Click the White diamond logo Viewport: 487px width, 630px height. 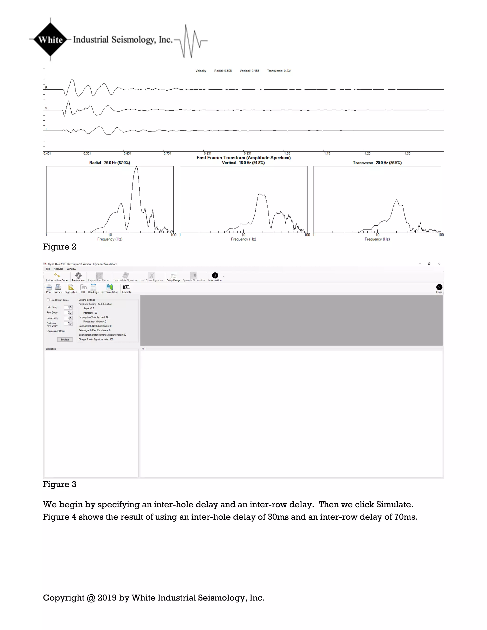tap(50, 39)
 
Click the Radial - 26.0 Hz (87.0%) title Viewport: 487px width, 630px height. tap(109, 163)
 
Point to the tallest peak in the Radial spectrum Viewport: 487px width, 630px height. tap(136, 168)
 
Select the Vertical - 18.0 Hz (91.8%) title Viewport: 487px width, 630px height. tap(243, 163)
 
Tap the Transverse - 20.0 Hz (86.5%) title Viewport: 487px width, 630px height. tap(377, 163)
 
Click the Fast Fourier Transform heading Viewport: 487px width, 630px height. tap(243, 158)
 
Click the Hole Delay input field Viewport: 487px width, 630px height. tap(67, 307)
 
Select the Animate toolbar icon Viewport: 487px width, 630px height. tap(126, 287)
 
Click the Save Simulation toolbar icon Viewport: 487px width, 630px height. tap(109, 287)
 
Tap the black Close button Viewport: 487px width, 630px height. tap(439, 287)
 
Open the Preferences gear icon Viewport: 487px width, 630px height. tap(78, 276)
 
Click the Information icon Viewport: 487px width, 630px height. tap(215, 276)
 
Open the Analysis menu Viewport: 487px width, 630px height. tap(58, 269)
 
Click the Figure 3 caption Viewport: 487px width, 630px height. tap(59, 484)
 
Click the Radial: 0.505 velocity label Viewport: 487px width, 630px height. tap(223, 71)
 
